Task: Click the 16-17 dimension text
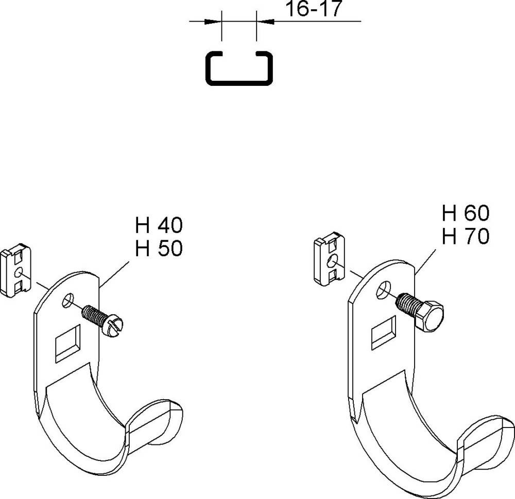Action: tap(314, 9)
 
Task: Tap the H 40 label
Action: tap(159, 225)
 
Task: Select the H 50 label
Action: tap(159, 248)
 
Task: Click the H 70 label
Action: tap(466, 236)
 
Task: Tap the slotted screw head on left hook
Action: tap(112, 326)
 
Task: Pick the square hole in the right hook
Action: tap(383, 333)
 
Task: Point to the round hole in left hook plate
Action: tap(68, 300)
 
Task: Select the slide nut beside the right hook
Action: tap(330, 258)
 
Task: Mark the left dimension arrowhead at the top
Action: tap(212, 22)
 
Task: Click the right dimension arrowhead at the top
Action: tap(266, 22)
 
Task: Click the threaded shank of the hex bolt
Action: tap(407, 304)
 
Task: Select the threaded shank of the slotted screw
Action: tap(94, 315)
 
